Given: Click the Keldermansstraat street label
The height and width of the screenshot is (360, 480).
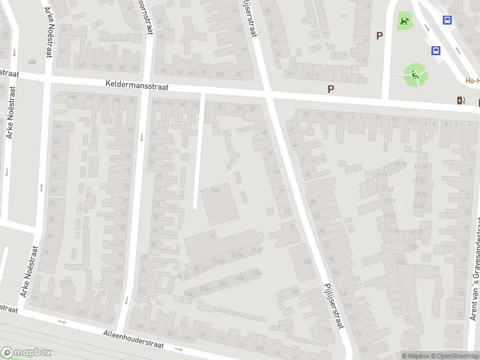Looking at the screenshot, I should (x=137, y=86).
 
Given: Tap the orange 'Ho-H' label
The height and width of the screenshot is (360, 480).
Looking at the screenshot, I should (x=472, y=80).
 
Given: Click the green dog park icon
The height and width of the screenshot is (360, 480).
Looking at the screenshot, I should (x=405, y=23).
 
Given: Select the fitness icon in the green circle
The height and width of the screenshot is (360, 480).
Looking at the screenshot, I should (x=415, y=75).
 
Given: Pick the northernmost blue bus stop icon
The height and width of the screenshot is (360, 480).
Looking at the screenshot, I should (x=448, y=20).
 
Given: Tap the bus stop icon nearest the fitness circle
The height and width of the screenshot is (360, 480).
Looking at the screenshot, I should (x=436, y=51).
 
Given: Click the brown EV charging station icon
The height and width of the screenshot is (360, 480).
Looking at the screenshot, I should (x=460, y=100).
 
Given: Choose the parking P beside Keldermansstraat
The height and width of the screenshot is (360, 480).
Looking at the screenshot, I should (x=330, y=89).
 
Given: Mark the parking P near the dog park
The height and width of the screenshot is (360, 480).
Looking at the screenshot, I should (x=379, y=36).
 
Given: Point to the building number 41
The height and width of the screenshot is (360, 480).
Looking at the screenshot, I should (x=212, y=236).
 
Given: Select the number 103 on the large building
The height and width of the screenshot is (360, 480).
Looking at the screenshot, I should (x=307, y=262).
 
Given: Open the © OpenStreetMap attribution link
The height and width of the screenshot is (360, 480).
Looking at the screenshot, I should (x=454, y=356).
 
